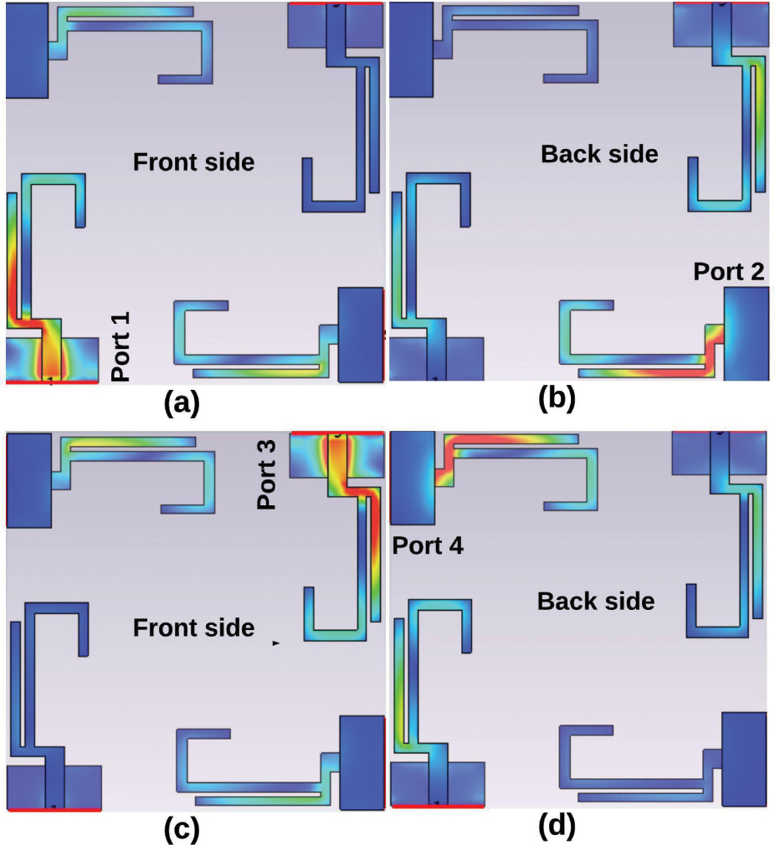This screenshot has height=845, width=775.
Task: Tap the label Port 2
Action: tap(729, 271)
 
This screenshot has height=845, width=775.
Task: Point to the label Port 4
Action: tap(429, 545)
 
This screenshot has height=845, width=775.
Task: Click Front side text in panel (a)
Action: tap(193, 162)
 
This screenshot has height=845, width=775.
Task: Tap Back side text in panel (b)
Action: tap(599, 154)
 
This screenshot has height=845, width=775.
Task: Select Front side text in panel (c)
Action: tap(193, 627)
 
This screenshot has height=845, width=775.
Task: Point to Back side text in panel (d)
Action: tap(596, 601)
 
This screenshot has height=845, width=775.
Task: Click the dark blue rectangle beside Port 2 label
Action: tap(745, 333)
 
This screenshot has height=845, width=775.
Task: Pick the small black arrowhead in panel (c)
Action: tap(275, 643)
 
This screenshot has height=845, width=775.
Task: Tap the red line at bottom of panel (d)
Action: tap(438, 807)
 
